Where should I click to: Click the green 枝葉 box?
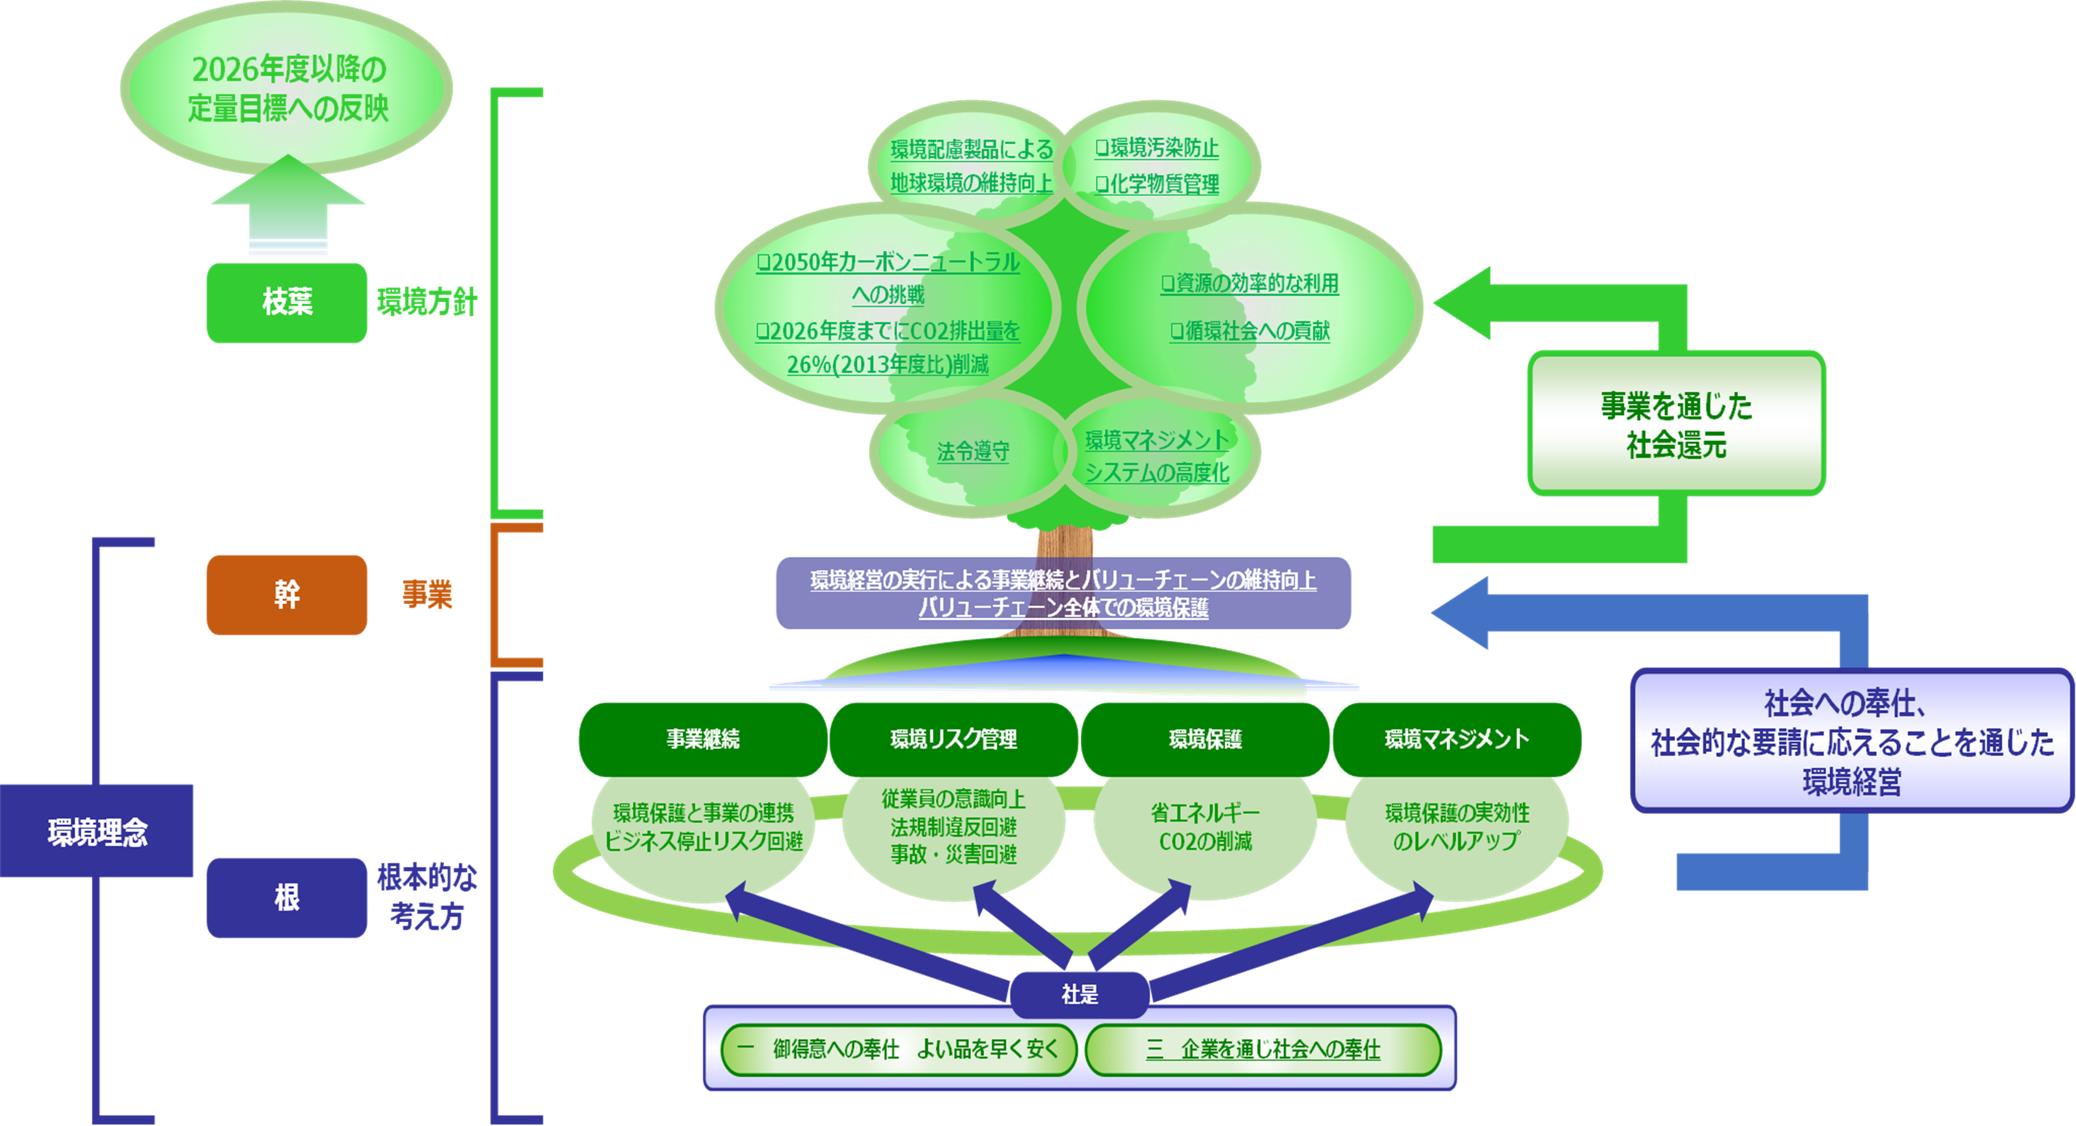[x=287, y=302]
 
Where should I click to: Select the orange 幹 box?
[x=287, y=595]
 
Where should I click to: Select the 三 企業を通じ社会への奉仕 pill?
[x=1263, y=1049]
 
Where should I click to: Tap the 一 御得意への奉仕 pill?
[x=899, y=1049]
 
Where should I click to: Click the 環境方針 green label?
[x=427, y=302]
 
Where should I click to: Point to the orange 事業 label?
[x=427, y=595]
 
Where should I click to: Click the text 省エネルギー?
[x=1205, y=812]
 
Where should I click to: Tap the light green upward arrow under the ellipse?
[x=288, y=205]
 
